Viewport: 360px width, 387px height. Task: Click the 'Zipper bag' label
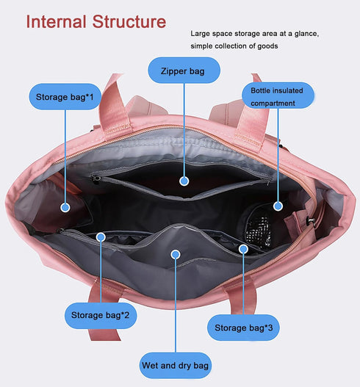point(184,70)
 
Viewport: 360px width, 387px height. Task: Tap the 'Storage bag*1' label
point(65,97)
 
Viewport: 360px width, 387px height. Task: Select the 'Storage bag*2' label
point(100,315)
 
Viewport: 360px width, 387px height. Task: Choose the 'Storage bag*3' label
point(243,328)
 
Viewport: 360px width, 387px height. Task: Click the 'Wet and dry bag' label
point(176,365)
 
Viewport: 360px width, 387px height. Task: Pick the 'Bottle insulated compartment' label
point(278,95)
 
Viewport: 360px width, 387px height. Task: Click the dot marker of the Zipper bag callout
point(184,181)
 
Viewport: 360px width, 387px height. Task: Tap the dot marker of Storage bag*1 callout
point(65,207)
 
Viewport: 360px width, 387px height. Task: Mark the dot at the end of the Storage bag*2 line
point(101,237)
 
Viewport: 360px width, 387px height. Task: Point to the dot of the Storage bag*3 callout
point(243,249)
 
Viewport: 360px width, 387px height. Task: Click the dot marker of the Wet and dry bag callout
point(176,255)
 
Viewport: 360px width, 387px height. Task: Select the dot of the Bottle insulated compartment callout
point(278,206)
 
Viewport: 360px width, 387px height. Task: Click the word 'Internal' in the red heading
point(56,22)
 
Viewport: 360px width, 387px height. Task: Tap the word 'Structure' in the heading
point(129,22)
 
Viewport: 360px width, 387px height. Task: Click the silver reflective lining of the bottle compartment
point(259,231)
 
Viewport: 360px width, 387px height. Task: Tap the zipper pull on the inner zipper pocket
point(96,178)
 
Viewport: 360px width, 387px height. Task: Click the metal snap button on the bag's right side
point(311,220)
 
